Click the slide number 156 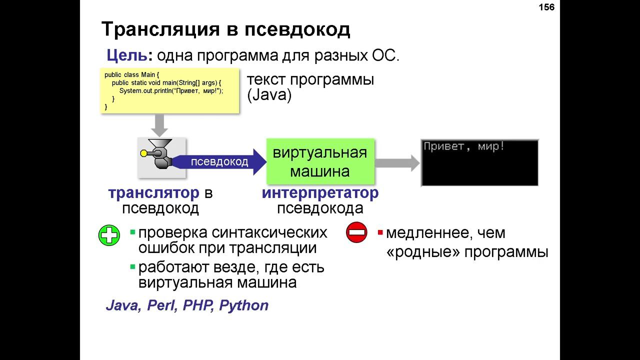546,7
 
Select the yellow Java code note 169,90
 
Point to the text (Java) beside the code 269,95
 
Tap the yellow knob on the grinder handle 144,153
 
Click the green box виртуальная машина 320,161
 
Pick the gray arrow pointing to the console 397,162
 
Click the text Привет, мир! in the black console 464,146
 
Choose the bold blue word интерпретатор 320,193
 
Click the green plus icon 109,235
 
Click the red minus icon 356,233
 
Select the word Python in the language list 244,305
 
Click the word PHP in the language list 198,305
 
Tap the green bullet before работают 133,267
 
